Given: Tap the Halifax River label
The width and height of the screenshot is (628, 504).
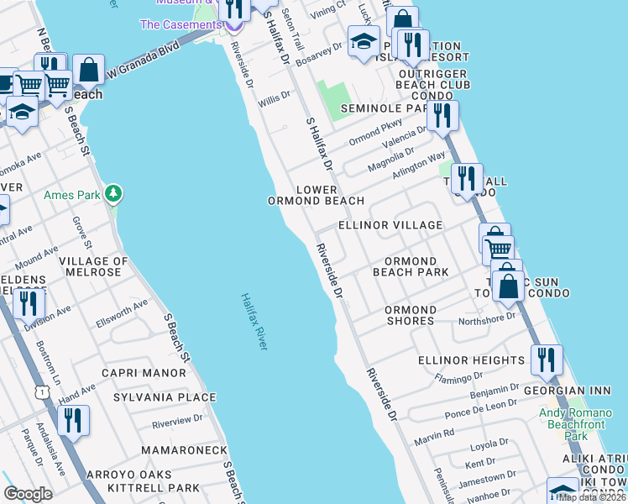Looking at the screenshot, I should pos(252,322).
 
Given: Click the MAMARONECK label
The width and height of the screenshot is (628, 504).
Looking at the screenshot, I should pos(184,450).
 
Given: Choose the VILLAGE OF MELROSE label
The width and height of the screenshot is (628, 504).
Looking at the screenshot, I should pos(93,267).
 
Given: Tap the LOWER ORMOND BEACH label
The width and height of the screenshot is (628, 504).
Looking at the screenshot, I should pos(316,196).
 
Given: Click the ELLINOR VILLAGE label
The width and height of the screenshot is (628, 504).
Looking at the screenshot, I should pos(390,225).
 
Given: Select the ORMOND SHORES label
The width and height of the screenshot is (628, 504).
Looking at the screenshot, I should pos(410,315).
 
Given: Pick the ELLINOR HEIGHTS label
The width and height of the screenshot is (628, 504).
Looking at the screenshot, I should pos(471,360).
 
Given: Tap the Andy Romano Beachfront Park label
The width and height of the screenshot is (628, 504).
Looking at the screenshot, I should pos(575,424).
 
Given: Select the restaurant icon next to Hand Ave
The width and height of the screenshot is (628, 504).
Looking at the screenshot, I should pos(75,420).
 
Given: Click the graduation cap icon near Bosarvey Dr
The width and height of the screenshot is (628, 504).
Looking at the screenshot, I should pos(363,40).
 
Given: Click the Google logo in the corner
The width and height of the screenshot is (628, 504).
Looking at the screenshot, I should pos(28,493).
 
